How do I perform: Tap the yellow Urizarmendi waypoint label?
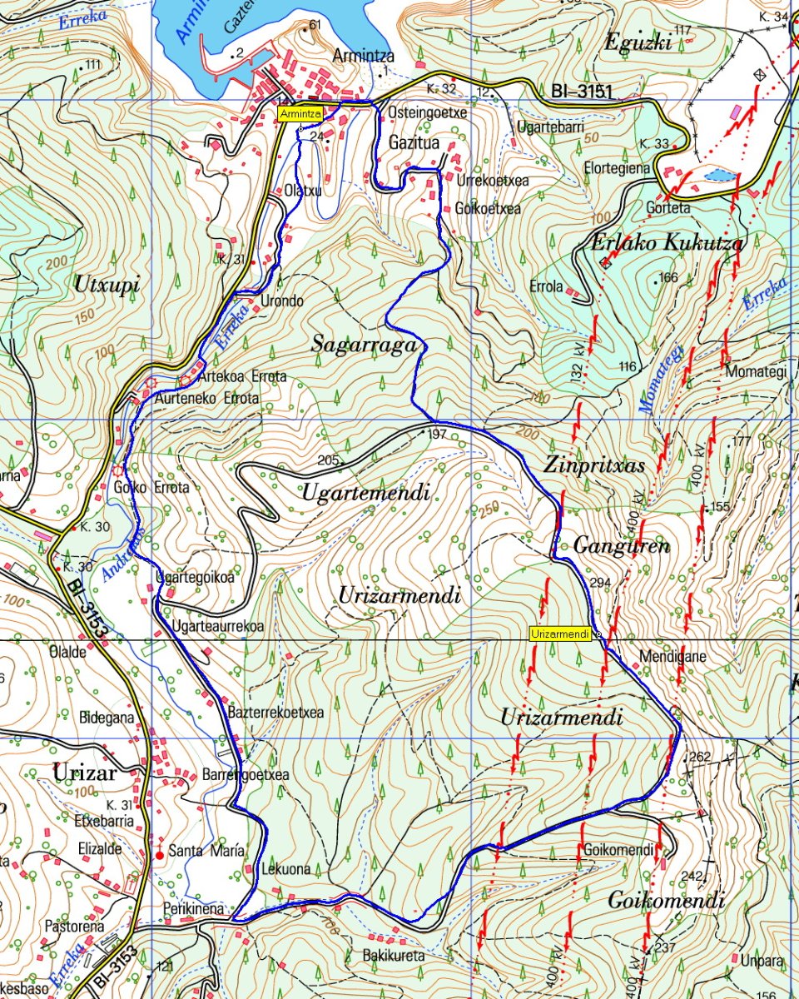tap(559, 634)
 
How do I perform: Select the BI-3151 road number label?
tap(582, 91)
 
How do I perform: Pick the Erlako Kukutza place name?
tap(667, 243)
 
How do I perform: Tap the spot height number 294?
tap(600, 583)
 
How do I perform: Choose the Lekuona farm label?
tap(285, 869)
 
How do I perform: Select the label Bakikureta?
tap(395, 956)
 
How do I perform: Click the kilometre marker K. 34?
tap(773, 17)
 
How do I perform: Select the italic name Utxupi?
tap(107, 284)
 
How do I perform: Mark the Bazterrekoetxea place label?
tap(275, 713)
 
